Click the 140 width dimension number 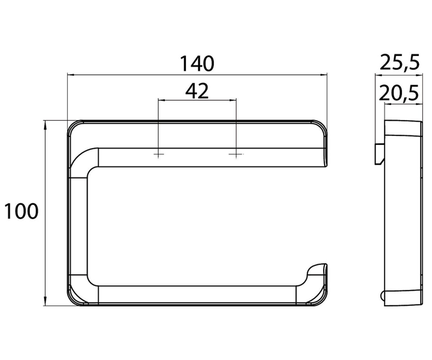click(x=197, y=63)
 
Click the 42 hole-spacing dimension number click(x=197, y=91)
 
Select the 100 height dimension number click(x=21, y=211)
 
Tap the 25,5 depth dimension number click(x=400, y=62)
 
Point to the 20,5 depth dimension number click(x=399, y=93)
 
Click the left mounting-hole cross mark click(x=158, y=154)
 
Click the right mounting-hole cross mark click(x=236, y=154)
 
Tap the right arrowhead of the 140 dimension click(x=324, y=75)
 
